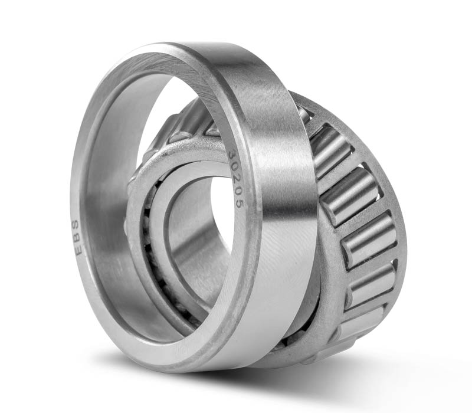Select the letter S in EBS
(x=78, y=225)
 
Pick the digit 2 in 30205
(x=237, y=179)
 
